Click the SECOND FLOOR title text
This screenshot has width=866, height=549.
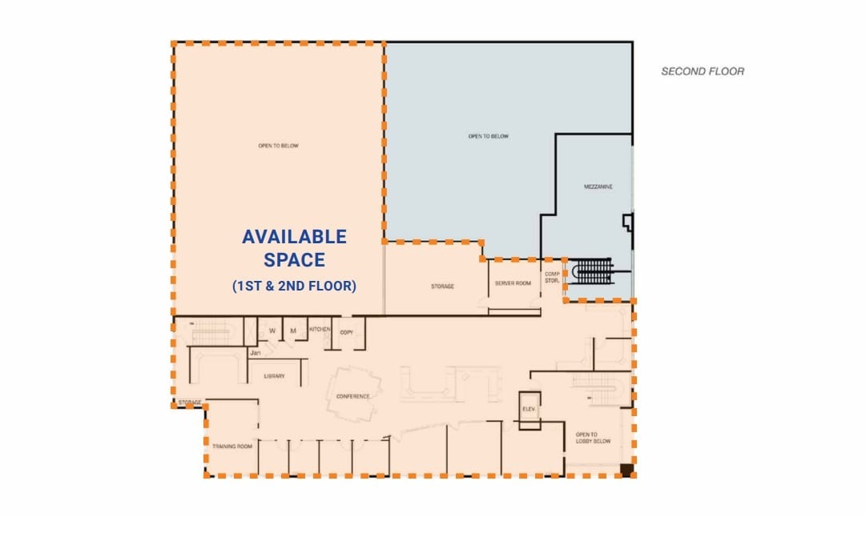pos(703,71)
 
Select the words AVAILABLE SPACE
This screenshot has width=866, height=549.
pos(295,248)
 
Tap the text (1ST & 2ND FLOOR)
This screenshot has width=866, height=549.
pos(295,286)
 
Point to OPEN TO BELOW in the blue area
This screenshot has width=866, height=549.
pos(489,137)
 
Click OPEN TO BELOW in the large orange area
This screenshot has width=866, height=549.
pos(278,146)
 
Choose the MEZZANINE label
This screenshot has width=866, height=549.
pos(598,186)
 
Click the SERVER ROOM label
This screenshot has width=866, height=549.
pos(513,284)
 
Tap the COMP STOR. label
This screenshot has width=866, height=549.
pos(551,276)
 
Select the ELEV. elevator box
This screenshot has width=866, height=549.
pos(529,408)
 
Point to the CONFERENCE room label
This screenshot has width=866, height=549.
pos(353,396)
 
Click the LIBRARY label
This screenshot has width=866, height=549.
pos(274,375)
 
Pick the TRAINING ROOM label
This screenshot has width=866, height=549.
pos(232,446)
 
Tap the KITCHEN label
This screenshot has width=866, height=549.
pos(320,329)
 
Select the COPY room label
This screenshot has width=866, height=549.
pos(346,331)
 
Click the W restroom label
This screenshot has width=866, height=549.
pos(272,331)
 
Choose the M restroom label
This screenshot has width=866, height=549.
pos(293,331)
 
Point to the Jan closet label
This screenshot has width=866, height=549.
pos(256,352)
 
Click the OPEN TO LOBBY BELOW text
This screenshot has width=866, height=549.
pos(593,438)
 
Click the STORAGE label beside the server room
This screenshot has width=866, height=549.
pos(441,286)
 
